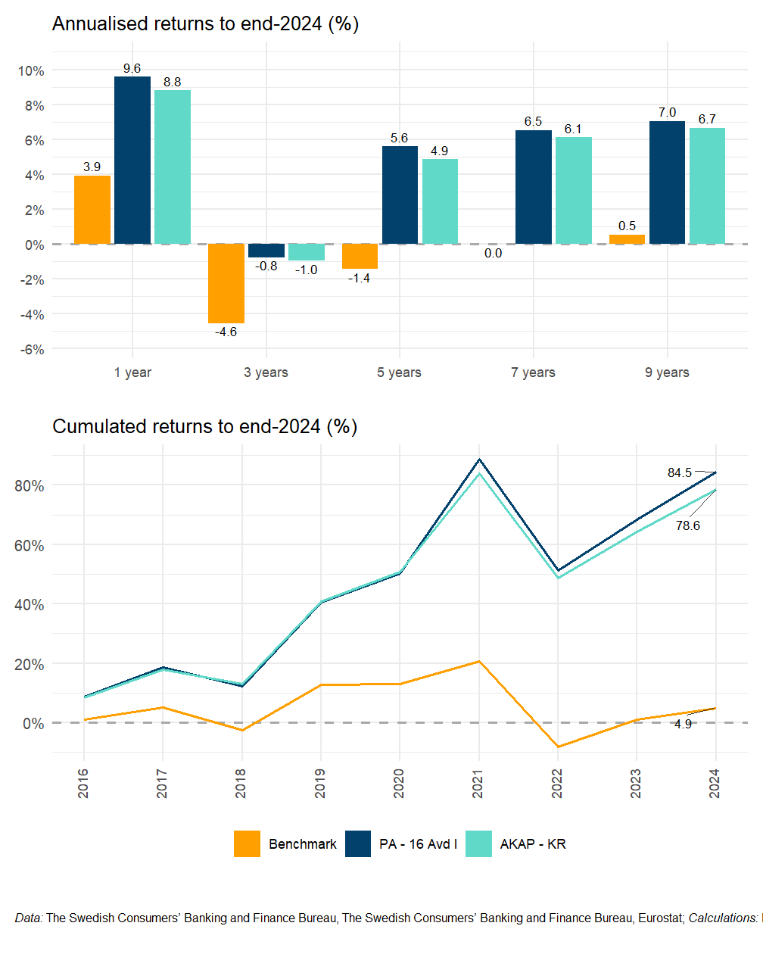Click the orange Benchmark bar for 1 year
point(92,210)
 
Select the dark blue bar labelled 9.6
point(132,161)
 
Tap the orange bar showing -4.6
point(226,283)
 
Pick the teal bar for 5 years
point(440,201)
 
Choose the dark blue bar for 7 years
point(534,187)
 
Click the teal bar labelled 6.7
point(707,185)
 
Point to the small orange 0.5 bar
point(627,239)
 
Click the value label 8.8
point(173,82)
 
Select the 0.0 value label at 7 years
point(494,253)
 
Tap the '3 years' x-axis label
point(266,372)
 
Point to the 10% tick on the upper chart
point(31,70)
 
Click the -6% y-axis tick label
point(31,349)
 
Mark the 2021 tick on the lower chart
point(478,783)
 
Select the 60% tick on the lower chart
point(29,545)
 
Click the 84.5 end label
point(679,472)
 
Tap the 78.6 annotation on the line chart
point(688,525)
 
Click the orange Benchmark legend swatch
point(247,843)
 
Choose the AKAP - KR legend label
point(533,843)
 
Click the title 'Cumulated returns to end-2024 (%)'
point(204,426)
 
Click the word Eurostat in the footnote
point(661,918)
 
